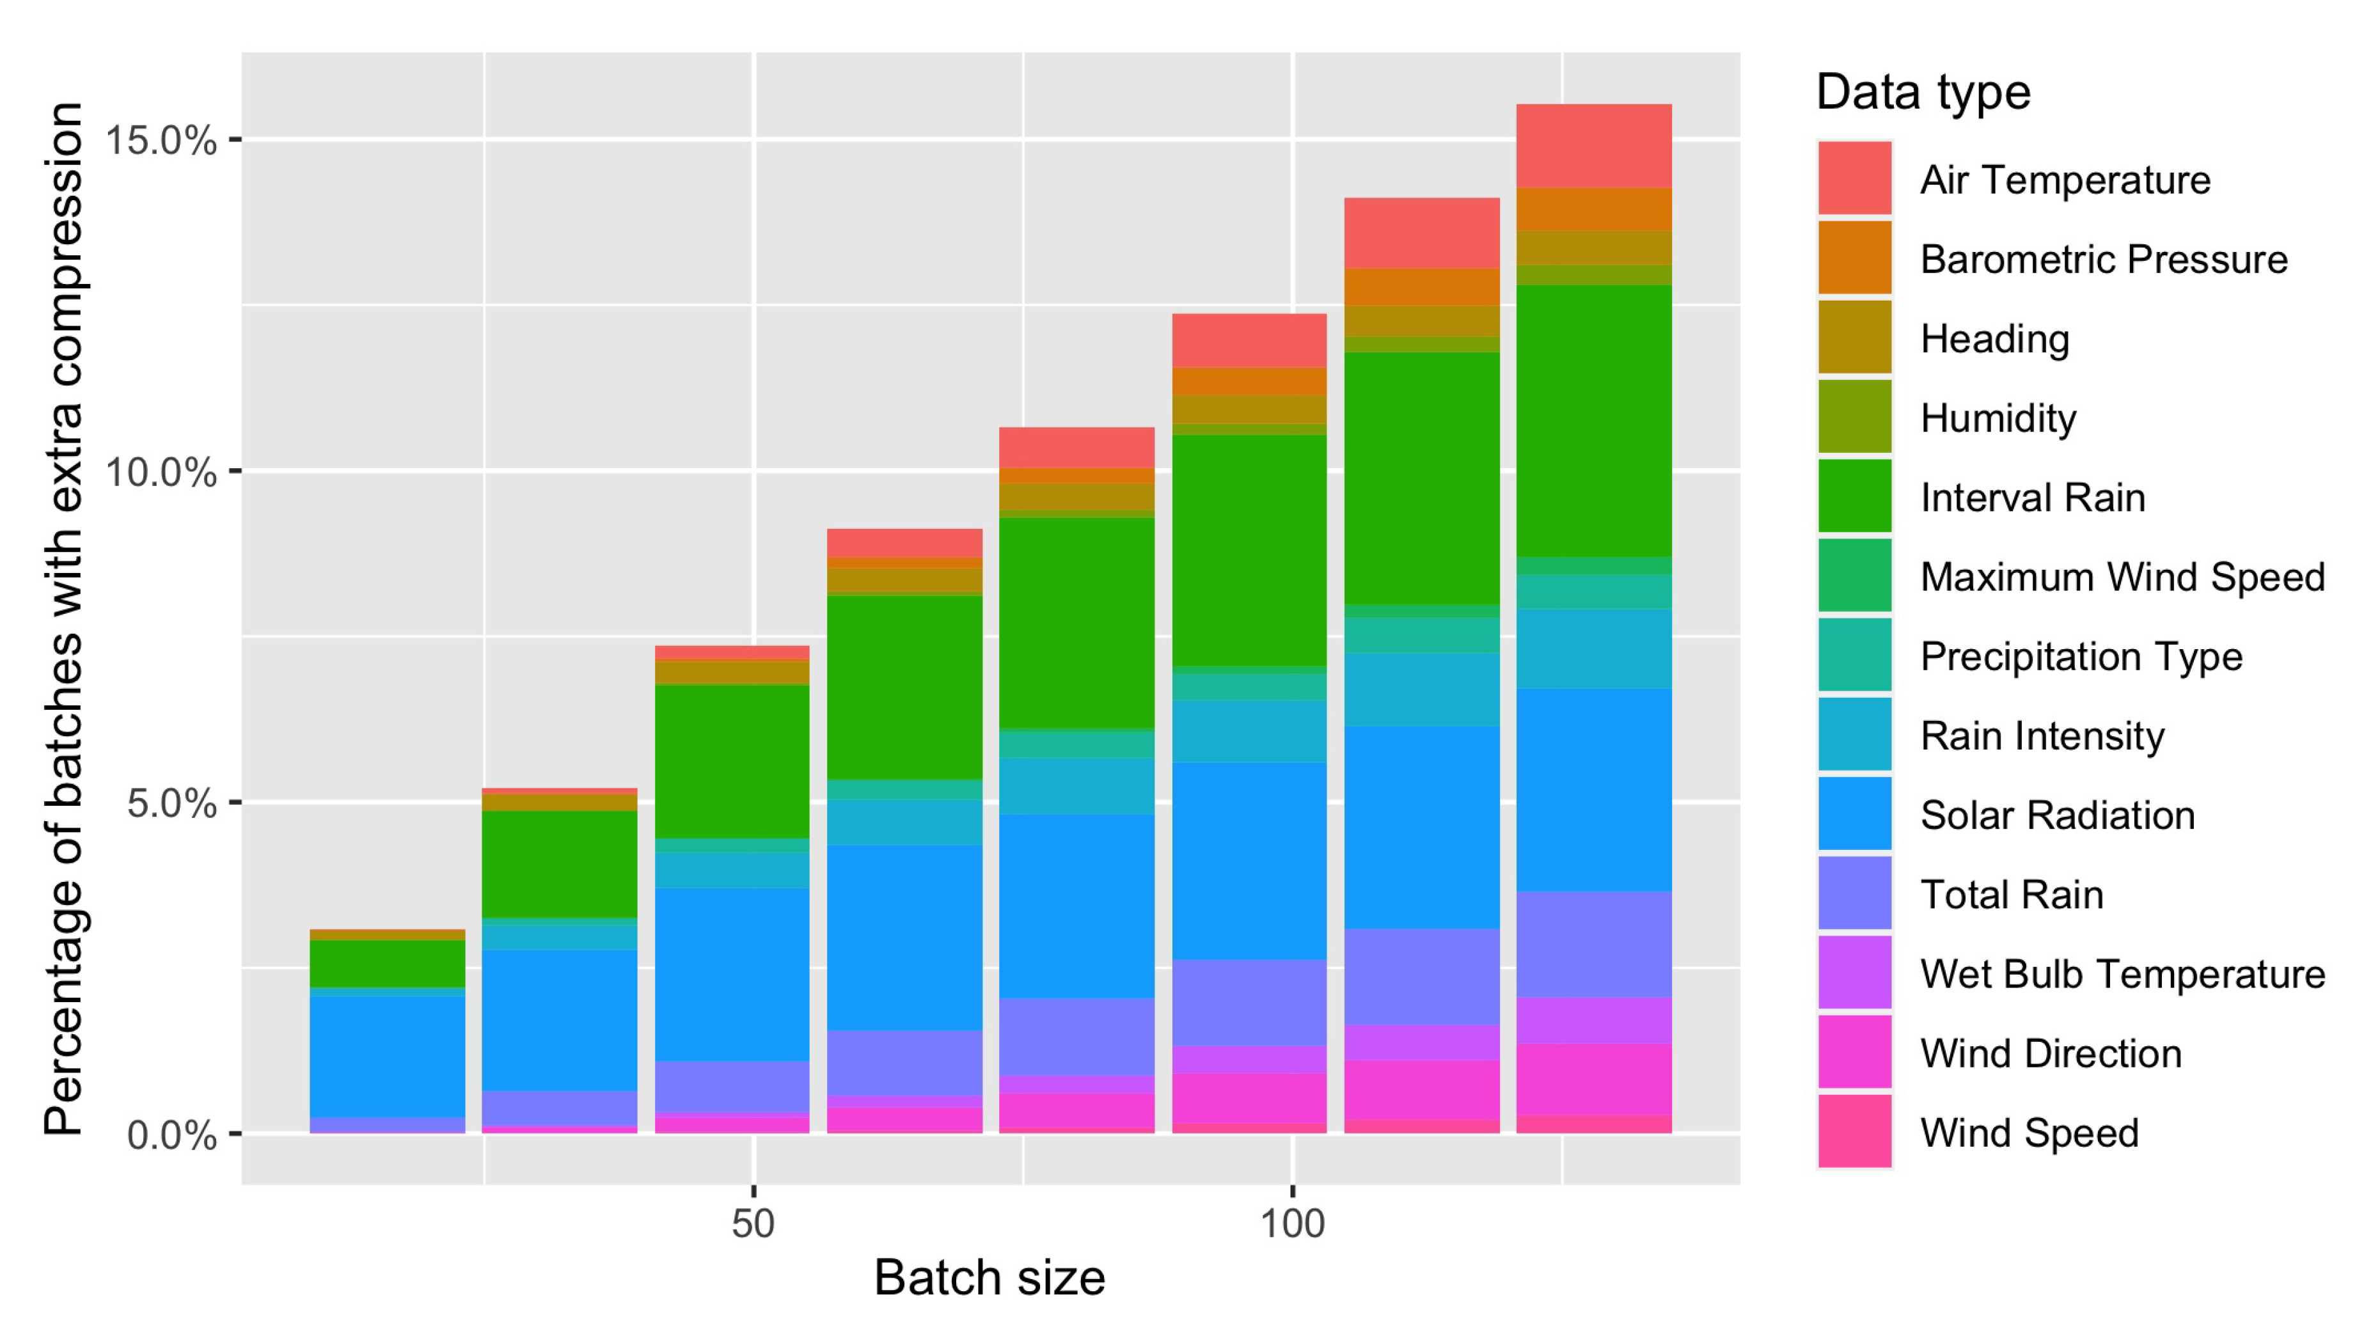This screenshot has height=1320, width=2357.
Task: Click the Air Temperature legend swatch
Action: (x=1854, y=177)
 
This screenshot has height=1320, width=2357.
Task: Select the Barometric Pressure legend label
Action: (x=2102, y=259)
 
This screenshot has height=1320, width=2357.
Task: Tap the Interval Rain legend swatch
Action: (x=1854, y=495)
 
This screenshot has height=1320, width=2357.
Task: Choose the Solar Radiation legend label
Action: (x=2057, y=814)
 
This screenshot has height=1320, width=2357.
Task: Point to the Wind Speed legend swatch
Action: (x=1854, y=1131)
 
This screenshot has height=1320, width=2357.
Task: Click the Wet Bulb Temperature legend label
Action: (x=2122, y=973)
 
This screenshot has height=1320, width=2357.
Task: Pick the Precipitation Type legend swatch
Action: (x=1854, y=654)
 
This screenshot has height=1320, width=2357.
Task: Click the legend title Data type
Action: (x=1923, y=92)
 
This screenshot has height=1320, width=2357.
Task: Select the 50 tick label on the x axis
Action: (x=753, y=1223)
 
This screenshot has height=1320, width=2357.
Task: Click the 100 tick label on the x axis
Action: (x=1292, y=1223)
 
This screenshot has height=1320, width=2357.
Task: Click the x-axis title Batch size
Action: (x=989, y=1277)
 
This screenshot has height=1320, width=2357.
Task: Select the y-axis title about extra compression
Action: (x=64, y=618)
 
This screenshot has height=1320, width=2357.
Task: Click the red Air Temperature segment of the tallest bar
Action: (x=1593, y=146)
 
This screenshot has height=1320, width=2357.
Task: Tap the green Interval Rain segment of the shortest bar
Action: (x=387, y=963)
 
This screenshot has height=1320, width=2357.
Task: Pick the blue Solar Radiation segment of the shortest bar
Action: (x=387, y=1057)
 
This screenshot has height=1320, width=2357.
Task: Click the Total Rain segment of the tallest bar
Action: (x=1593, y=944)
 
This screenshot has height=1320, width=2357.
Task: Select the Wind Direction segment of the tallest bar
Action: (x=1593, y=1080)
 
